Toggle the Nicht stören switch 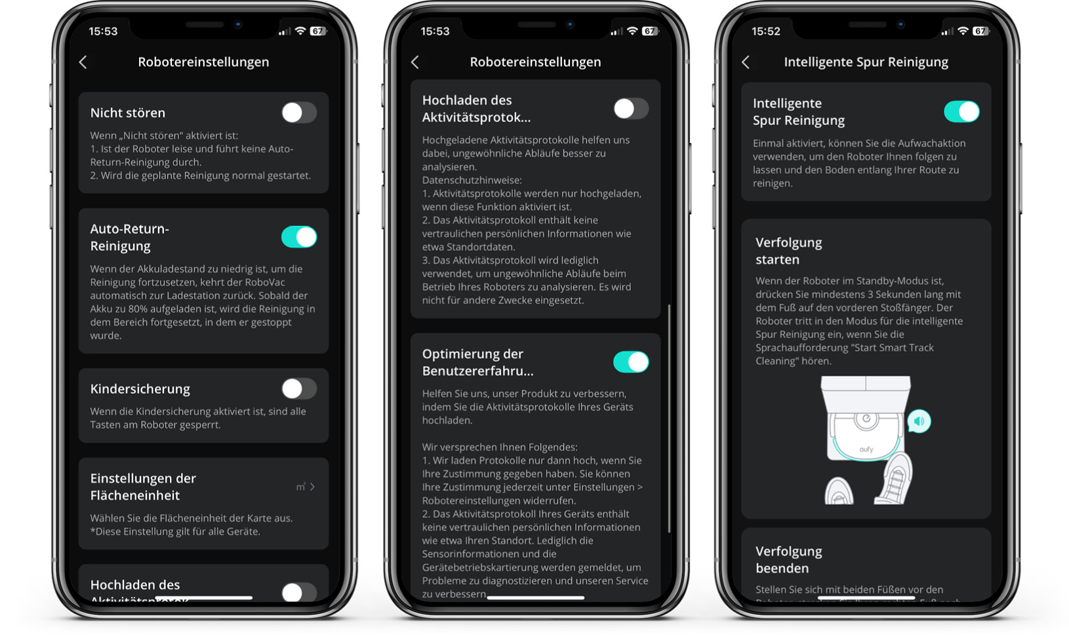pyautogui.click(x=299, y=113)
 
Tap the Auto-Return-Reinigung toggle pyautogui.click(x=299, y=237)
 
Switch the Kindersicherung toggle pyautogui.click(x=299, y=389)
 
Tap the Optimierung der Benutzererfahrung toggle pyautogui.click(x=631, y=362)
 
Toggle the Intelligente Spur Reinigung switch pyautogui.click(x=961, y=112)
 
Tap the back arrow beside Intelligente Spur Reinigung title pyautogui.click(x=746, y=62)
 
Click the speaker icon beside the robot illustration pyautogui.click(x=919, y=421)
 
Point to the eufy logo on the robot pyautogui.click(x=866, y=449)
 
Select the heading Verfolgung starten pyautogui.click(x=788, y=251)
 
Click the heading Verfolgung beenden pyautogui.click(x=788, y=559)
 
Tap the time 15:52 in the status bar pyautogui.click(x=765, y=31)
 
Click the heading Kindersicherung pyautogui.click(x=140, y=389)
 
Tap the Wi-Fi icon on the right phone pyautogui.click(x=963, y=31)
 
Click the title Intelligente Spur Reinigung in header pyautogui.click(x=866, y=62)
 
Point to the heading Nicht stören pyautogui.click(x=128, y=113)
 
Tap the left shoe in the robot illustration pyautogui.click(x=839, y=491)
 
